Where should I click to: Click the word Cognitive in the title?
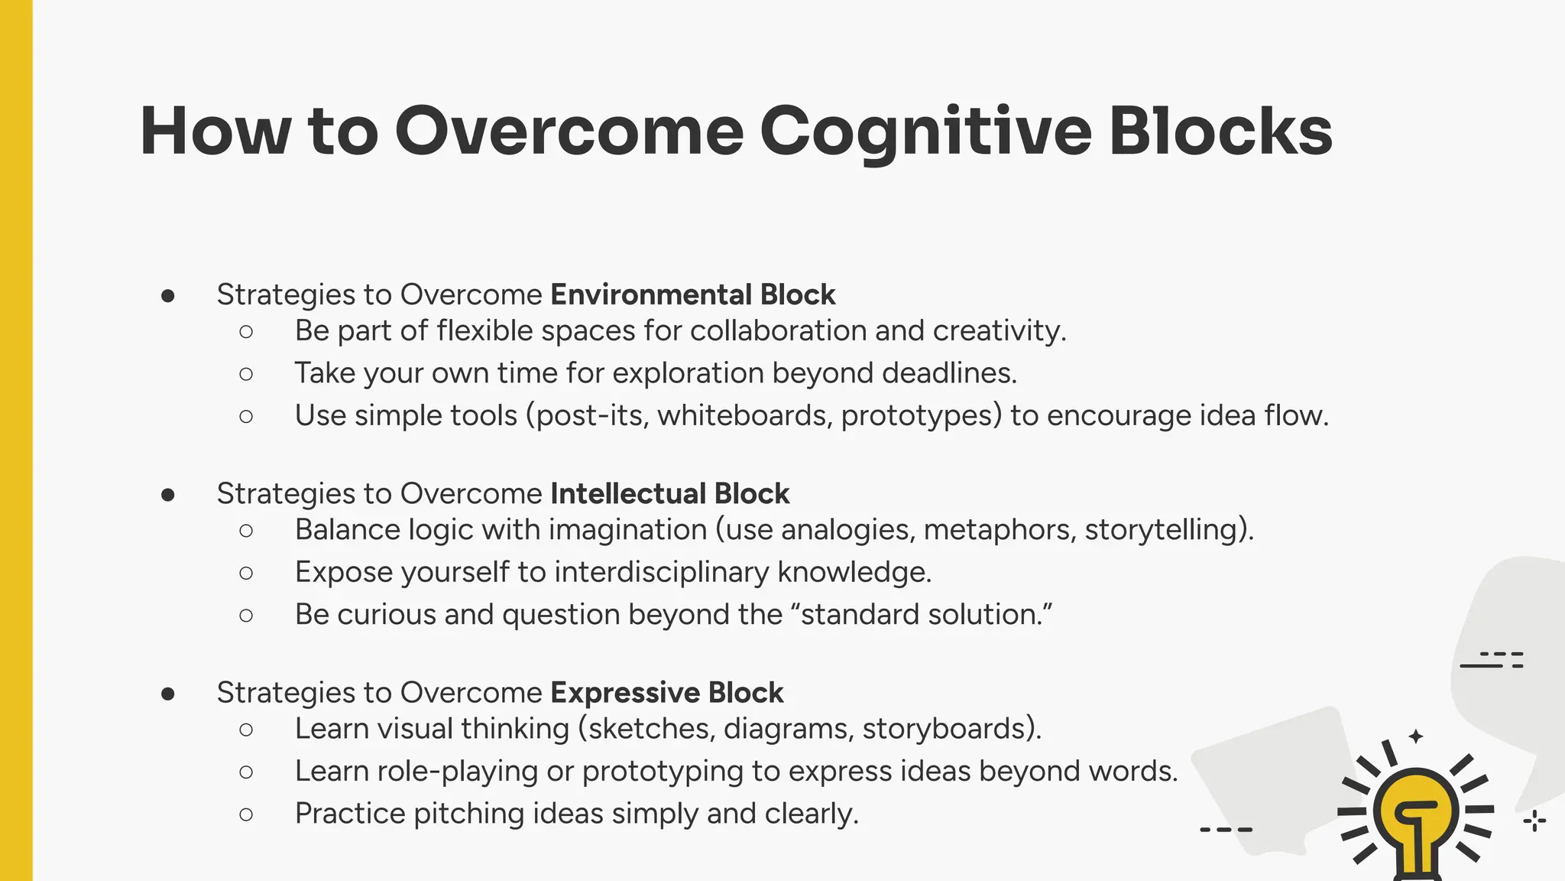(925, 132)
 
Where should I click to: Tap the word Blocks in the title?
(1220, 132)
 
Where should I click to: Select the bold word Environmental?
(650, 294)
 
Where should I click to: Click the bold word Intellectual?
(627, 493)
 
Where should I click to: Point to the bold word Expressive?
(624, 692)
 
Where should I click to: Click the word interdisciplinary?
(661, 572)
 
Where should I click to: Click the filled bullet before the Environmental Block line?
(168, 296)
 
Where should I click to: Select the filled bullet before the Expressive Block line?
(168, 694)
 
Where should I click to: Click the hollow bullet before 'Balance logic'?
(245, 530)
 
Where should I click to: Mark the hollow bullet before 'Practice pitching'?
(245, 814)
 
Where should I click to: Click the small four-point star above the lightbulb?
(1415, 736)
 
